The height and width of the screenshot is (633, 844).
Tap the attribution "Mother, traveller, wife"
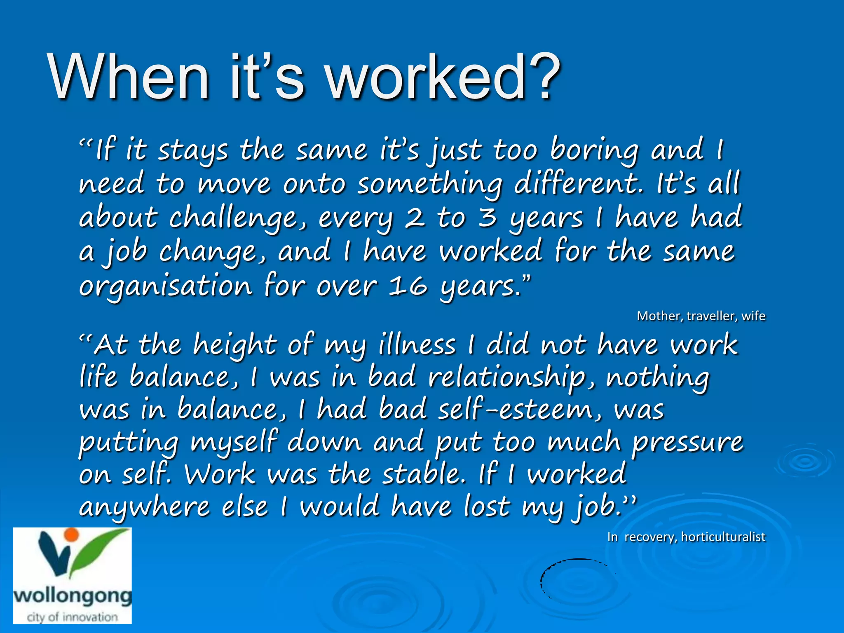pyautogui.click(x=701, y=316)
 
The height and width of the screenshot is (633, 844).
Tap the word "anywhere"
pyautogui.click(x=144, y=507)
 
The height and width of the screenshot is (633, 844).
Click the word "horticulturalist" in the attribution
pyautogui.click(x=723, y=537)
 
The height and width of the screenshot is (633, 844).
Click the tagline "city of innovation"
pyautogui.click(x=73, y=617)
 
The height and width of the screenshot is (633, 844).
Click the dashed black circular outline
pyautogui.click(x=577, y=581)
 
